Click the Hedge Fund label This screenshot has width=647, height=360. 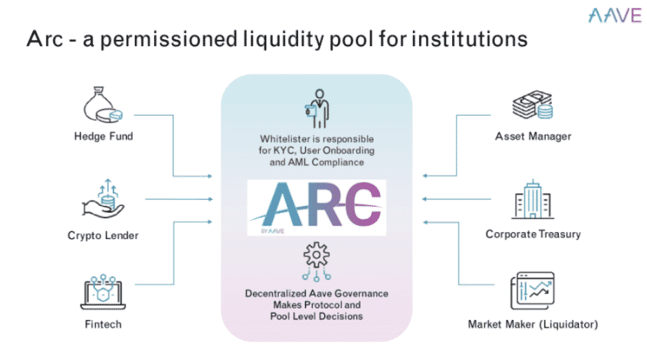tap(103, 136)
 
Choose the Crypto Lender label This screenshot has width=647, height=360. tap(103, 235)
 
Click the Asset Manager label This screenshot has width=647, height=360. tap(533, 136)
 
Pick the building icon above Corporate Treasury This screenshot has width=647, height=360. tap(533, 201)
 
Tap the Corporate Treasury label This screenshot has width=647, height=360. tap(533, 234)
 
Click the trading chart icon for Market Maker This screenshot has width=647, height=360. tap(533, 290)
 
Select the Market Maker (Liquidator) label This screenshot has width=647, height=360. tap(533, 324)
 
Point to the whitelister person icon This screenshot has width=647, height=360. tap(317, 105)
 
